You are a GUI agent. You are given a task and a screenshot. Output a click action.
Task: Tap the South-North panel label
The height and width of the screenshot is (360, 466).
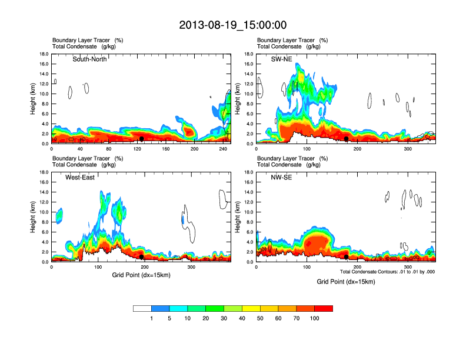[89, 59]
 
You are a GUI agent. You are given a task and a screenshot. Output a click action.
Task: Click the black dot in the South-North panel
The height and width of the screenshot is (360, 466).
[142, 139]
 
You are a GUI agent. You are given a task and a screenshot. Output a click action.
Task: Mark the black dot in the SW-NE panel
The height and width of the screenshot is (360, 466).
[347, 139]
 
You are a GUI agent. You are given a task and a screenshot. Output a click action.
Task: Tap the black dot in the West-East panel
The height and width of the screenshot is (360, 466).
[142, 257]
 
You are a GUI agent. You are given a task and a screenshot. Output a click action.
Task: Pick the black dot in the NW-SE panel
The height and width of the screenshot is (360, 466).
[347, 257]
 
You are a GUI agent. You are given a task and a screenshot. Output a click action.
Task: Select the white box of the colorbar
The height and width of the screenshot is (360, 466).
[142, 308]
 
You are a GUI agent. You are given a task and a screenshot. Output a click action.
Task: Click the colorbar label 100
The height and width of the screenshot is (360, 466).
[315, 318]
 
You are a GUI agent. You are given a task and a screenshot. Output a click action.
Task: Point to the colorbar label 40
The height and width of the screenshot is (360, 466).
[242, 318]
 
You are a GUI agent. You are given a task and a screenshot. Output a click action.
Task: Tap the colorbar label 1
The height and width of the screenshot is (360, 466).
[152, 318]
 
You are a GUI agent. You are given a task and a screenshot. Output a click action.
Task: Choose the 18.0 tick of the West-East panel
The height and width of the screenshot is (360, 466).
[44, 172]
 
